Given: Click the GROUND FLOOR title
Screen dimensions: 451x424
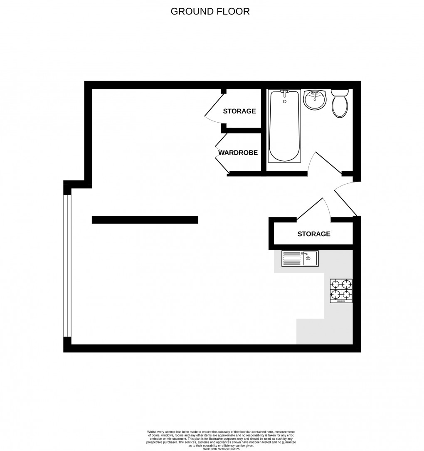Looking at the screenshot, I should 210,12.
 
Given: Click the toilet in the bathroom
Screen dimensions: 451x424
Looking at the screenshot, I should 340,104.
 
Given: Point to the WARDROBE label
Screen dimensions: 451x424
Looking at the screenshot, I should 238,153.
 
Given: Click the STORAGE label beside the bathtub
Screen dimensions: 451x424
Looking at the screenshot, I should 239,111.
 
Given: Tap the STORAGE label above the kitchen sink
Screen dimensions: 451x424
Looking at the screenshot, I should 314,234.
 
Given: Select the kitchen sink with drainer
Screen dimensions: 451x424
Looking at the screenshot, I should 300,259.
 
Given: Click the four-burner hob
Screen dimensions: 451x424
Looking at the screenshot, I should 341,291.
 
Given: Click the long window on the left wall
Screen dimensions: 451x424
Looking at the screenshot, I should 67,265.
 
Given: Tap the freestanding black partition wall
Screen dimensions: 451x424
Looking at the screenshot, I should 145,220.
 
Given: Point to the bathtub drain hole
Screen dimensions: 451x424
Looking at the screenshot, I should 285,101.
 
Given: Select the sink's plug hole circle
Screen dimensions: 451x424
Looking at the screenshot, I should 308,259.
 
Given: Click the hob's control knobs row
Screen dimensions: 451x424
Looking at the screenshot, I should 341,301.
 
